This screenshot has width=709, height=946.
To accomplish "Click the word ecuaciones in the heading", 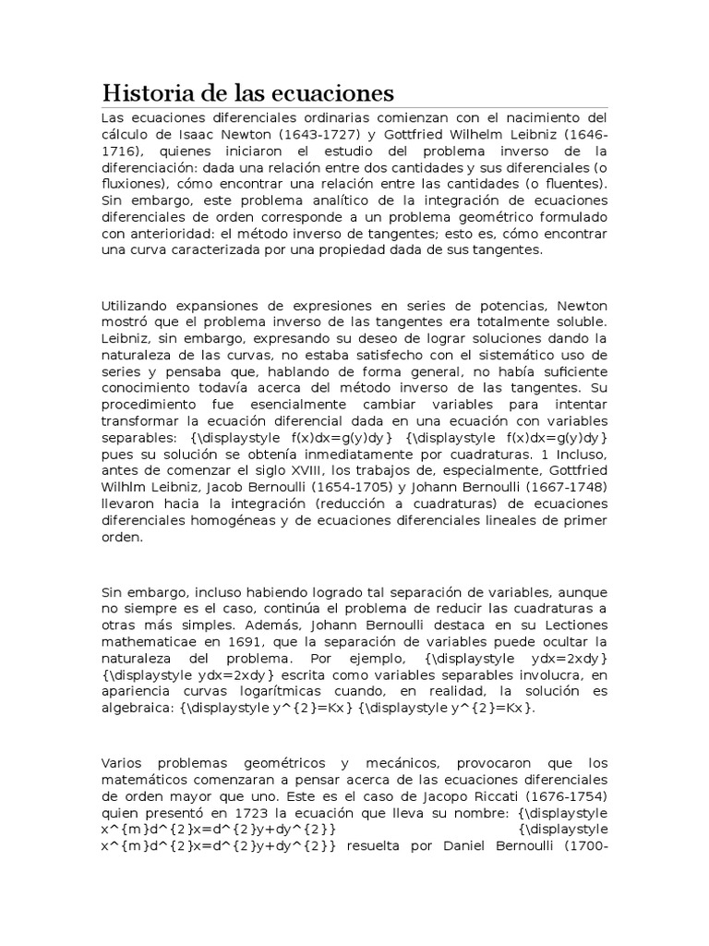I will (334, 93).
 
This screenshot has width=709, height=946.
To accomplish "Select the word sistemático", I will (496, 356).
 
